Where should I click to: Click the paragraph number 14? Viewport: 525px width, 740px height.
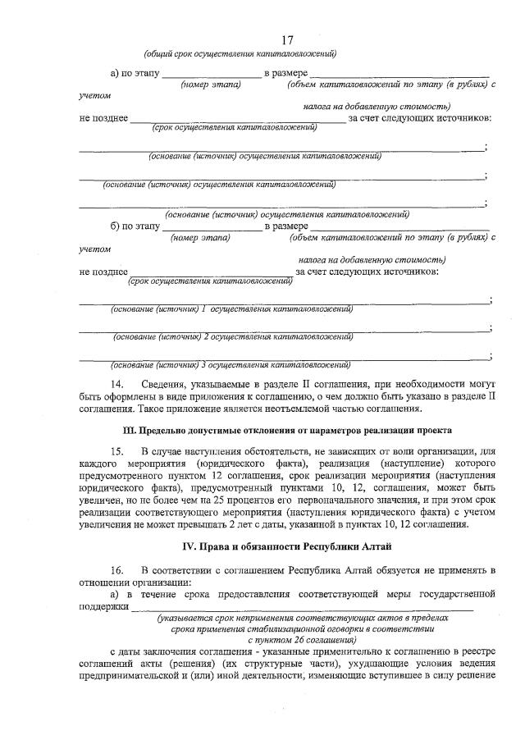click(121, 384)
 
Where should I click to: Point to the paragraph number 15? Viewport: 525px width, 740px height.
click(121, 450)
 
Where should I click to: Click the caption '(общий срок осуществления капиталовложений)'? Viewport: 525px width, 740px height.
click(240, 54)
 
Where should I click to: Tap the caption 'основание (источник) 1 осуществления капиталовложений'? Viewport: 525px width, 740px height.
click(232, 309)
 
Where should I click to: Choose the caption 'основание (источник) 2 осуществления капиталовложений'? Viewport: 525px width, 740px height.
click(234, 336)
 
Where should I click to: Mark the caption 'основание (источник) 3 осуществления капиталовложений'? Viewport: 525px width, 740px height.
click(231, 364)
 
